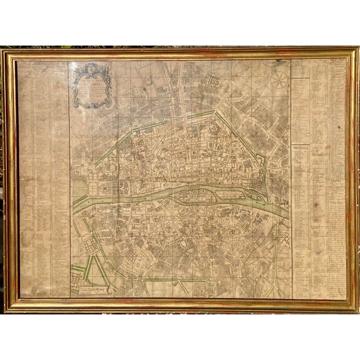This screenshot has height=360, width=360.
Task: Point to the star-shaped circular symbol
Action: tap(278, 80)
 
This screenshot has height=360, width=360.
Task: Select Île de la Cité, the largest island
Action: tap(194, 194)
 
